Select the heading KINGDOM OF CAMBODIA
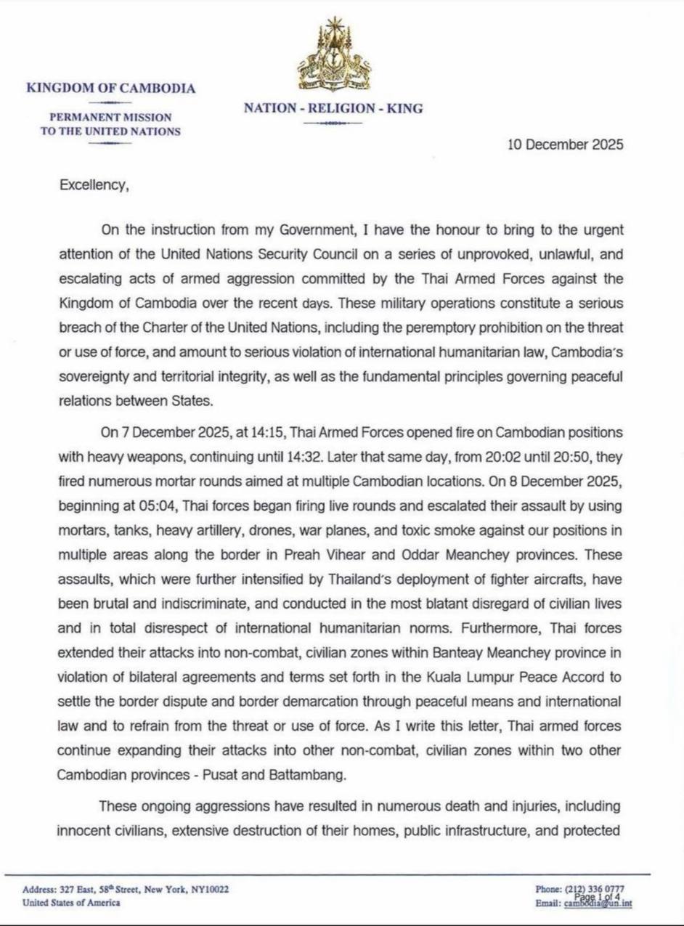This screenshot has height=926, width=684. tap(110, 89)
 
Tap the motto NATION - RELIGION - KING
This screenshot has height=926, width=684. tap(333, 108)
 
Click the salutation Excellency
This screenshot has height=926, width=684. tap(94, 185)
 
